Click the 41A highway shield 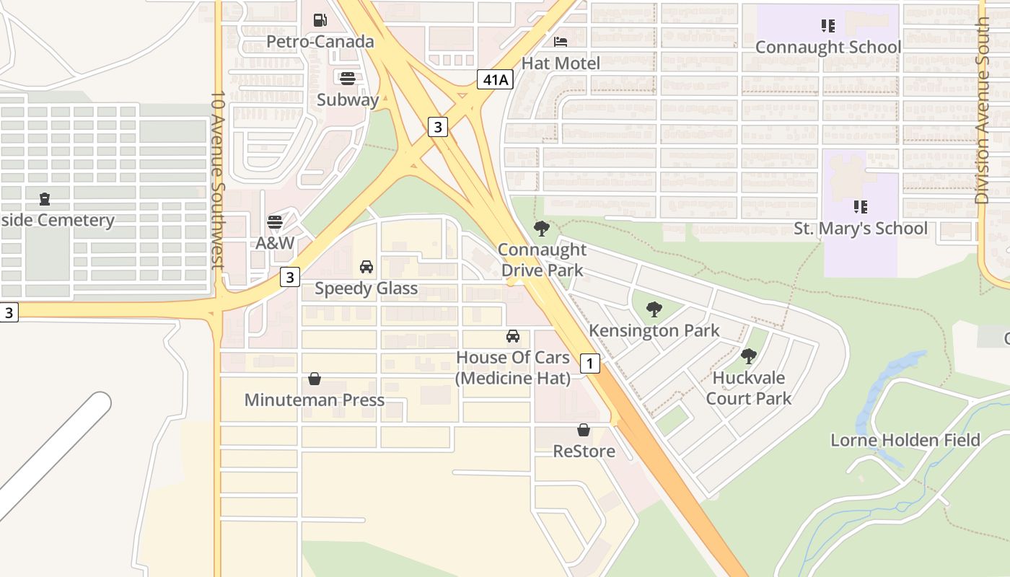point(495,79)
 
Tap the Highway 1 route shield point(589,363)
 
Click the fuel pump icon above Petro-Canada point(320,20)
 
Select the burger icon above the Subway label point(348,78)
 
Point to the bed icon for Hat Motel point(561,42)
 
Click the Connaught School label point(828,48)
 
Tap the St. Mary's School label point(861,229)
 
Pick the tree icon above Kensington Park point(654,309)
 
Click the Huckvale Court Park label point(748,388)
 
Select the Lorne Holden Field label point(905,440)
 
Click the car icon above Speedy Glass point(366,267)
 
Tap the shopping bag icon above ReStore point(584,430)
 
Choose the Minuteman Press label point(315,400)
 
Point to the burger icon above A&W point(275,221)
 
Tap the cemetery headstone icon point(45,198)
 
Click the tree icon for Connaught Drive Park point(541,229)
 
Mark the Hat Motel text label point(561,63)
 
